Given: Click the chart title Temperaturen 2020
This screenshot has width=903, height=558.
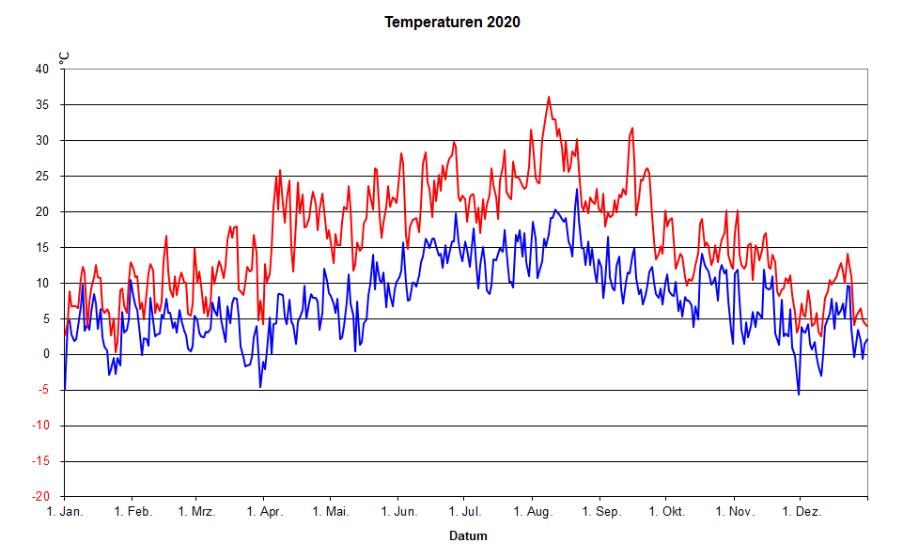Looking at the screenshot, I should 452,22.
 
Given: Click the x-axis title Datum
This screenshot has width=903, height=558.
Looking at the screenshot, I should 468,536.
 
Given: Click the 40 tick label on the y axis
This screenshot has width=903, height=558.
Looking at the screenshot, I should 42,69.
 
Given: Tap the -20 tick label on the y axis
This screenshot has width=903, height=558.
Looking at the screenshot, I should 40,497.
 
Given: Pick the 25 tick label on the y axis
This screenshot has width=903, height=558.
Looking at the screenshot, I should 42,176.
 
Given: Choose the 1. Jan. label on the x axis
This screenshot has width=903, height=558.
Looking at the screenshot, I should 65,512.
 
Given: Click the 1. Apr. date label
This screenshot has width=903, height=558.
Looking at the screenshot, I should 265,512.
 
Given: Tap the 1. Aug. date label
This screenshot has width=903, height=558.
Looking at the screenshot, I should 533,512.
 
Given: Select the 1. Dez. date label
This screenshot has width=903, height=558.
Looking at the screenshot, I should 802,512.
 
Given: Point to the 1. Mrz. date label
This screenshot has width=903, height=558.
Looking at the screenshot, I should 196,512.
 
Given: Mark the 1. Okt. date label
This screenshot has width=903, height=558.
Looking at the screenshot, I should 666,512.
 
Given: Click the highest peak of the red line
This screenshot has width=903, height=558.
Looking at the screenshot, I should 549,97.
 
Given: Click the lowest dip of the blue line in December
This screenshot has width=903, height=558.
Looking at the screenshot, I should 799,394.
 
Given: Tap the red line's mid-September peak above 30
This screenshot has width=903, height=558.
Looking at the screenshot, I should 632,128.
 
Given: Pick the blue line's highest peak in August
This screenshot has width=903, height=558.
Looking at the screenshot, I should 577,189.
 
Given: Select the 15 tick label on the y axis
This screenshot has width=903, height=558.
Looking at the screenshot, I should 42,247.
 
